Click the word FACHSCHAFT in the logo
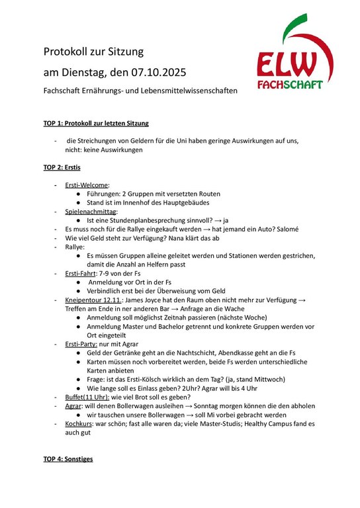(x=291, y=85)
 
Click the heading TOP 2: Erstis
(x=62, y=167)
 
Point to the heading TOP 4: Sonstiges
(x=68, y=458)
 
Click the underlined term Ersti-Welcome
(x=87, y=185)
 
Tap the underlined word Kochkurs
(x=81, y=423)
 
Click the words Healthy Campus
(x=277, y=423)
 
